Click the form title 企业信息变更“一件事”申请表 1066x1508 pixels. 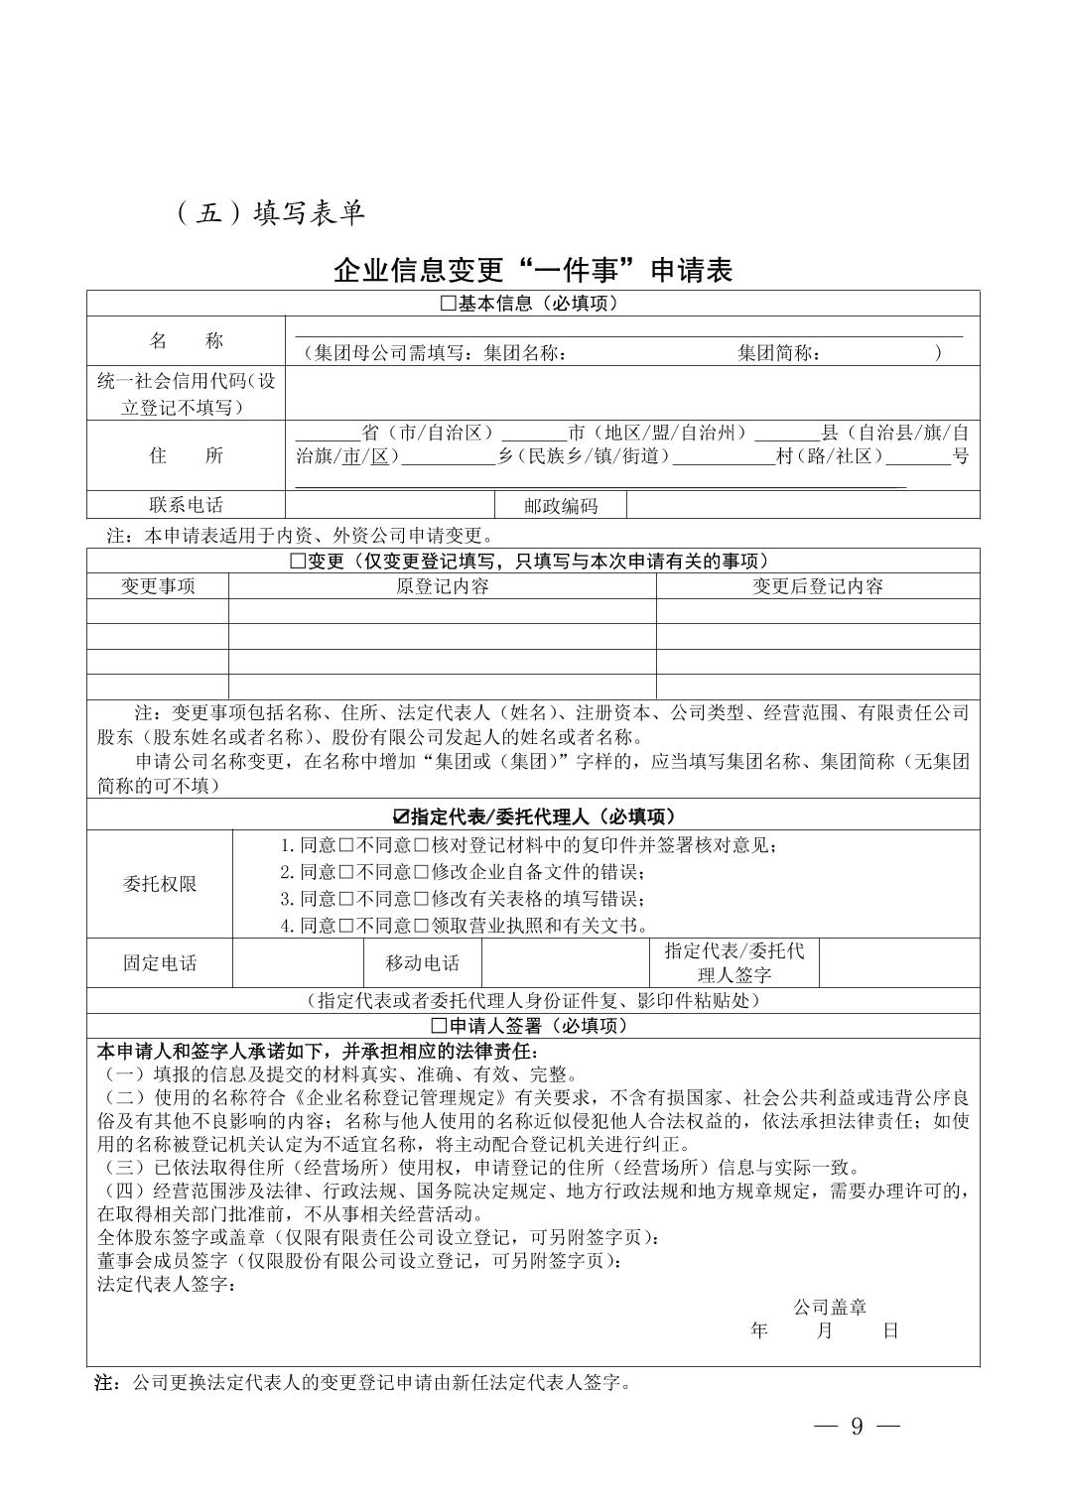533,270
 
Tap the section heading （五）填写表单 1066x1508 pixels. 270,213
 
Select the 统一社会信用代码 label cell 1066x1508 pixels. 186,394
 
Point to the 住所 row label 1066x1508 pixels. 186,455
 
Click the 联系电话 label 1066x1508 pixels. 186,505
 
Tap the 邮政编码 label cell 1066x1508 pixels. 561,505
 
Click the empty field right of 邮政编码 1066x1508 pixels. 802,505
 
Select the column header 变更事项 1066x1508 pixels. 158,586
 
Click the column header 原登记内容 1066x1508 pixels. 442,586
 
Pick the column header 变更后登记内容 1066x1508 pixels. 817,586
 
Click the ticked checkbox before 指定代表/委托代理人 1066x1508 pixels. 401,817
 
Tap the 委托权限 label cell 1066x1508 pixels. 160,884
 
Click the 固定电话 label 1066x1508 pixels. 160,962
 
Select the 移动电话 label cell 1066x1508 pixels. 423,962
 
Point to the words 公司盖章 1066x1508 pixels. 829,1308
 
